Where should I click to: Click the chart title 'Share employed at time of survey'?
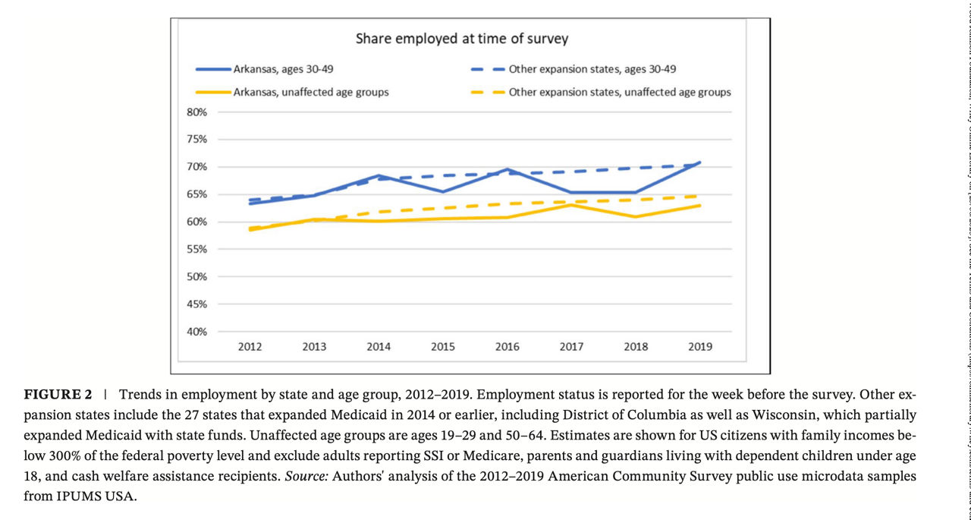462,39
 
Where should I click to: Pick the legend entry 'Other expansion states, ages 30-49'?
603,68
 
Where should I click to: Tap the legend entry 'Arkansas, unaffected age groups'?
312,92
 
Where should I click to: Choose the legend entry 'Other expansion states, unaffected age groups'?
620,92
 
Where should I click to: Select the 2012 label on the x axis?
250,347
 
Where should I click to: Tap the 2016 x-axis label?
507,347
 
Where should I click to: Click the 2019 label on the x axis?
699,347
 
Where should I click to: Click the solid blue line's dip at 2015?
443,191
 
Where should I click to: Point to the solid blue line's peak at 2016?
507,169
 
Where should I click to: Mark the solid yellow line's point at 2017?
571,205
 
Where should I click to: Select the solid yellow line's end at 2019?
699,206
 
